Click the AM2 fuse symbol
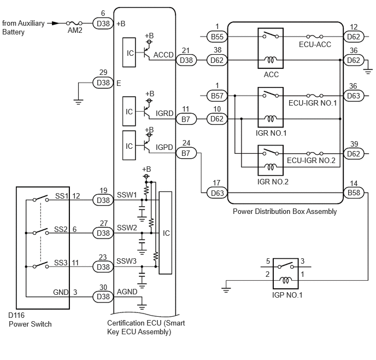[x=74, y=24]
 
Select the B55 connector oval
[x=217, y=37]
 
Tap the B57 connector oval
[x=217, y=96]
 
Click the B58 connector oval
[x=354, y=193]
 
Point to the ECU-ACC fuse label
[x=315, y=44]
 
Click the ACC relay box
[x=271, y=48]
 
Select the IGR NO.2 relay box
[x=271, y=160]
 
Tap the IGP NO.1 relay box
[x=286, y=274]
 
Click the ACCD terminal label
[x=163, y=55]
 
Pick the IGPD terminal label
[x=164, y=147]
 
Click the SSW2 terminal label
[x=127, y=228]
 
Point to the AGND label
[x=127, y=292]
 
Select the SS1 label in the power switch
[x=62, y=196]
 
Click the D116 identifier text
[x=16, y=315]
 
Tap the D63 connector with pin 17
[x=217, y=193]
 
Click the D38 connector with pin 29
[x=103, y=83]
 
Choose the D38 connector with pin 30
[x=103, y=297]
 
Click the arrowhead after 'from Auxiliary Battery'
[x=56, y=24]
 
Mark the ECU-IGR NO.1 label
[x=313, y=103]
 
